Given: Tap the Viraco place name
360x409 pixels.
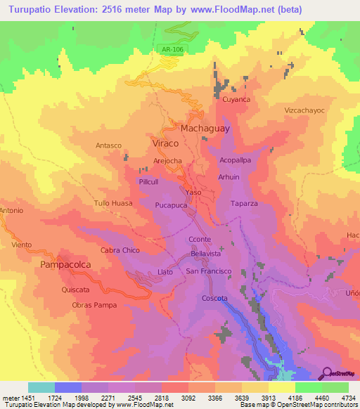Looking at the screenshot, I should tap(165, 143).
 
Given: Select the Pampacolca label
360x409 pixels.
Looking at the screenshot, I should tap(67, 265).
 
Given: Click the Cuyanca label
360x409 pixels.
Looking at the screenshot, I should tap(236, 100).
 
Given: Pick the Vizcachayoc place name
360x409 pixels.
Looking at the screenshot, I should tap(304, 111).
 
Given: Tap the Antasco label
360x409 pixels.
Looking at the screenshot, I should tap(109, 145).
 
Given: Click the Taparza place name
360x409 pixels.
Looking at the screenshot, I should tap(245, 203).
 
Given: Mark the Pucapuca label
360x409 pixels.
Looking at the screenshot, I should tap(171, 205).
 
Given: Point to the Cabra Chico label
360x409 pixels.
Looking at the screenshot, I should tap(120, 250).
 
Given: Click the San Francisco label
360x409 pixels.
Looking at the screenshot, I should tap(209, 271).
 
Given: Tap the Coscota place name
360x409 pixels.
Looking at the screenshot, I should tap(215, 299).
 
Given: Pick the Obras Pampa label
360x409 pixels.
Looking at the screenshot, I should tap(94, 306).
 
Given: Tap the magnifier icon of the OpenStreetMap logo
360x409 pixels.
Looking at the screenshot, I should tap(326, 372).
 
